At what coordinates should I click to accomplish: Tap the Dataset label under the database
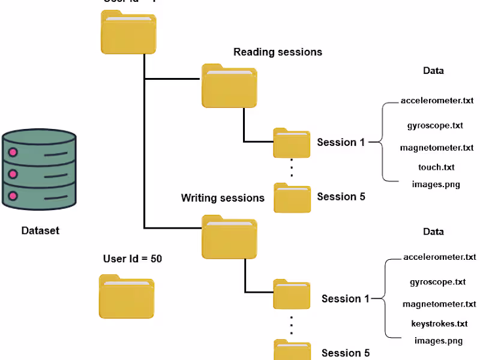pyautogui.click(x=40, y=230)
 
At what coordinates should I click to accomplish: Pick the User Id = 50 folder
pyautogui.click(x=126, y=296)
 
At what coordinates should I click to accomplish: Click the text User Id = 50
pyautogui.click(x=133, y=259)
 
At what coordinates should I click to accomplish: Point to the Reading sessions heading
pyautogui.click(x=277, y=52)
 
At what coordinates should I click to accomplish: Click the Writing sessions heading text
pyautogui.click(x=223, y=197)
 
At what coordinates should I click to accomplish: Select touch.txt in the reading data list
pyautogui.click(x=436, y=167)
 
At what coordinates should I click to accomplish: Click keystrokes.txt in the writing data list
pyautogui.click(x=439, y=324)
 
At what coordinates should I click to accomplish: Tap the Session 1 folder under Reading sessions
pyautogui.click(x=292, y=143)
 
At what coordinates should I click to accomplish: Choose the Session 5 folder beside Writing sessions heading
pyautogui.click(x=292, y=197)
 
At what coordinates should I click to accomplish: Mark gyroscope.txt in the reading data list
pyautogui.click(x=435, y=126)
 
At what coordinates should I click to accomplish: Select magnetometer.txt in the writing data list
pyautogui.click(x=439, y=304)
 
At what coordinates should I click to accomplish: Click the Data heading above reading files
pyautogui.click(x=433, y=71)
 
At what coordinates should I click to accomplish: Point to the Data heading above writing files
pyautogui.click(x=433, y=232)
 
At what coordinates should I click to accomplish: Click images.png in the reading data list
pyautogui.click(x=436, y=184)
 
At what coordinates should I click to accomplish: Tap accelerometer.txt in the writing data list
pyautogui.click(x=439, y=257)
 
